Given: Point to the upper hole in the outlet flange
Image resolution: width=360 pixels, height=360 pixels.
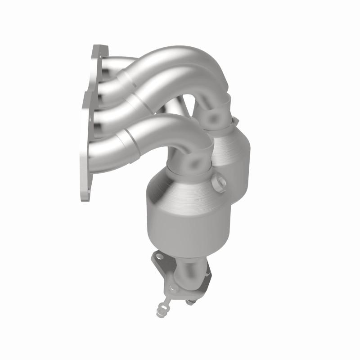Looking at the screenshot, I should pyautogui.click(x=158, y=258).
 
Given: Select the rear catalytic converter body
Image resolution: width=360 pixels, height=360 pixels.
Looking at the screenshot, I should pyautogui.click(x=234, y=153).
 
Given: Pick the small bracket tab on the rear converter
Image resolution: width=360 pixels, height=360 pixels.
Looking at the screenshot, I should pyautogui.click(x=234, y=121).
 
